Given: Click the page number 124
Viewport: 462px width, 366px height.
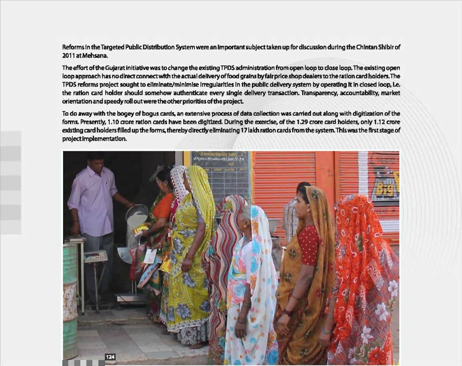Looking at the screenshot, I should [110, 357].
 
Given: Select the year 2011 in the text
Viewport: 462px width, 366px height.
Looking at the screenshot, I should [68, 56].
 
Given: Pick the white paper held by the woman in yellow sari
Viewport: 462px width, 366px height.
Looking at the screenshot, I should [149, 256].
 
